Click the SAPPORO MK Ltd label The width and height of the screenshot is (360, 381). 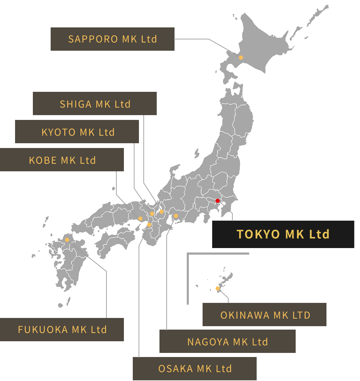(112, 39)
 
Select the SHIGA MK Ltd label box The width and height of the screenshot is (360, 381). (95, 104)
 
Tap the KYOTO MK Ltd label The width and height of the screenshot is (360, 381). (77, 132)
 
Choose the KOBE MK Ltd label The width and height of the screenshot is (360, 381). (62, 160)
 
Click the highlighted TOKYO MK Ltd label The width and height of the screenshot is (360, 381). (283, 234)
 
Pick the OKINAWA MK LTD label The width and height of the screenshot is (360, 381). (265, 315)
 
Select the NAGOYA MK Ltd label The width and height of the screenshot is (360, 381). (227, 342)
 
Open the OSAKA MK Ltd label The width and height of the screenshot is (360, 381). (194, 369)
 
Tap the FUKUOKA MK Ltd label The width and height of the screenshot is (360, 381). (62, 330)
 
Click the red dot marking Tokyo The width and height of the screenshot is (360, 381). (217, 201)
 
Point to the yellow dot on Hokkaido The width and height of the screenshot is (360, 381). (241, 58)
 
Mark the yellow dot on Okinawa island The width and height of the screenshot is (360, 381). (218, 288)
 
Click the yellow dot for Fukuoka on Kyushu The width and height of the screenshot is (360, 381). (67, 240)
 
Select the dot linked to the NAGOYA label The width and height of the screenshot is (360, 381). (176, 216)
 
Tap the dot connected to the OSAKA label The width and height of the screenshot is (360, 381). (149, 225)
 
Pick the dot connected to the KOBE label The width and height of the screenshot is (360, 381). (140, 219)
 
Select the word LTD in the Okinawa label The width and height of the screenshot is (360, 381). (301, 315)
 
